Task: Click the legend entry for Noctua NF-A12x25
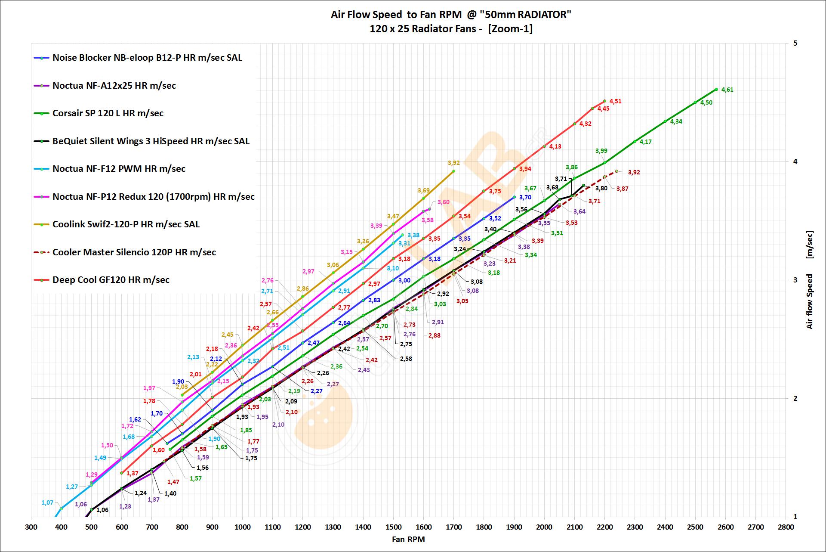click(114, 86)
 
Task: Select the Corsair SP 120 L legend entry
click(108, 113)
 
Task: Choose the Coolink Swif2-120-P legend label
click(126, 224)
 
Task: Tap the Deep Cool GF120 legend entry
click(111, 280)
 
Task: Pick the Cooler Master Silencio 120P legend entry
click(134, 252)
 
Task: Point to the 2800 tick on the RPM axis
click(786, 527)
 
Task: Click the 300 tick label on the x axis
click(31, 527)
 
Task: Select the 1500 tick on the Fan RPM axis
click(394, 527)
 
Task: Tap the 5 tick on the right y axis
click(795, 43)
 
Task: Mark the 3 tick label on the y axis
click(795, 280)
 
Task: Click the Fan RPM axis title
click(408, 539)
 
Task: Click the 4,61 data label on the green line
click(727, 90)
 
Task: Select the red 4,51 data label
click(616, 102)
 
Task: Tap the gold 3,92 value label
click(453, 163)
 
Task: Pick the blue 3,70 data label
click(525, 198)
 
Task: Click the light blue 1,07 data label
click(47, 503)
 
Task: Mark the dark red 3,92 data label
click(634, 173)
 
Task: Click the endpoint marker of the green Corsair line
click(716, 90)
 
